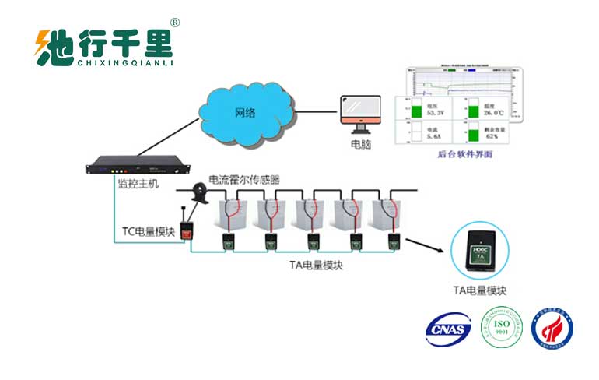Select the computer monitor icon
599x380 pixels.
coord(360,114)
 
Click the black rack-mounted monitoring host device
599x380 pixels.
coord(138,167)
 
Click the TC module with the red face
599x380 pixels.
coord(187,231)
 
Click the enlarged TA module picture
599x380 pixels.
coord(480,250)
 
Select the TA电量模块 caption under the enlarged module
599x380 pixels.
coord(481,290)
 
